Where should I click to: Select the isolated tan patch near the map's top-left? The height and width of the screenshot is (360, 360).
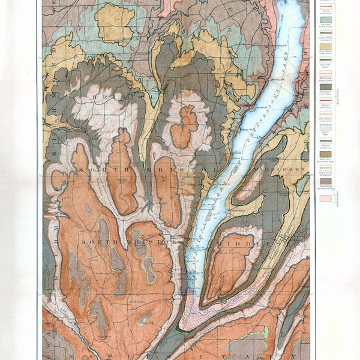point(114,24)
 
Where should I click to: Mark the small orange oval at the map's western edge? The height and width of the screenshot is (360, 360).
point(58,180)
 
